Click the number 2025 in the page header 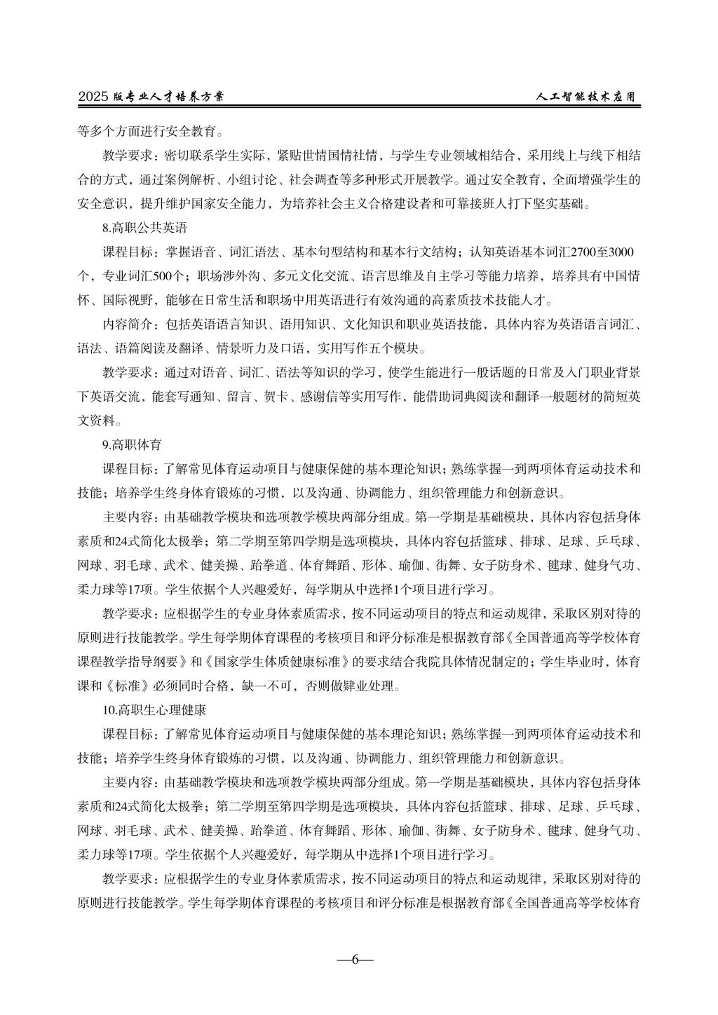[93, 97]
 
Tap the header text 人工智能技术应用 [587, 97]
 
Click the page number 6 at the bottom [355, 960]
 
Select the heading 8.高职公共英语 [144, 228]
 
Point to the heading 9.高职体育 [133, 444]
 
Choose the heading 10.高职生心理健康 [154, 710]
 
